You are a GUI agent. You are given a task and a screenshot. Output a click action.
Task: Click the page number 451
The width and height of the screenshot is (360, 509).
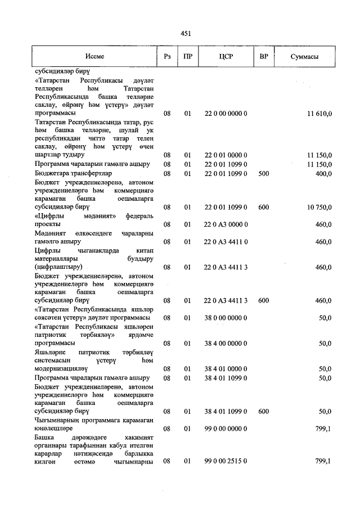[186, 34]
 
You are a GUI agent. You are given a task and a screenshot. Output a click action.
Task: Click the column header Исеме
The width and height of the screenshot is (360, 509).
[94, 57]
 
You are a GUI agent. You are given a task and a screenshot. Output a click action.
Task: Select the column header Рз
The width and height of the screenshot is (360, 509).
[167, 57]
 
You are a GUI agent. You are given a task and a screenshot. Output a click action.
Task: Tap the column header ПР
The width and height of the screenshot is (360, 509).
[188, 57]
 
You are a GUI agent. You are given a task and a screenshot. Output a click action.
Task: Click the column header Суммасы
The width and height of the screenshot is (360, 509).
[305, 57]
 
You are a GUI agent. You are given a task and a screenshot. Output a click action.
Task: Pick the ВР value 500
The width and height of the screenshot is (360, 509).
[263, 174]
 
